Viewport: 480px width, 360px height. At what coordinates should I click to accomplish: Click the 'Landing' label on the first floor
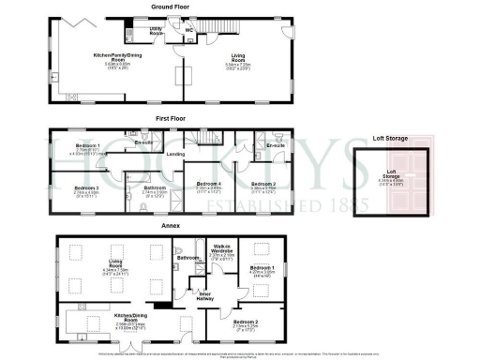click(174, 154)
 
